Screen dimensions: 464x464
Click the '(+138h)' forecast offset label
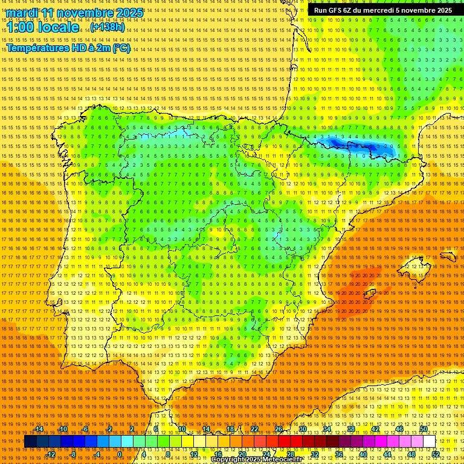pyautogui.click(x=108, y=28)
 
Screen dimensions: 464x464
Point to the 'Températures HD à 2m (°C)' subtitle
pyautogui.click(x=68, y=48)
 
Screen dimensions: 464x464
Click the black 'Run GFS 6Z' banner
pyautogui.click(x=382, y=10)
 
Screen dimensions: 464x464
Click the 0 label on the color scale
pyautogui.click(x=120, y=454)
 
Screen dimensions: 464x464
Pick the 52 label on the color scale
pyautogui.click(x=436, y=454)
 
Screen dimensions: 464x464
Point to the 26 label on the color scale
pyautogui.click(x=279, y=429)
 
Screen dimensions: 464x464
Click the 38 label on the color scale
pyautogui.click(x=351, y=429)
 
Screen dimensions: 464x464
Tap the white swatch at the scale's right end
pyautogui.click(x=430, y=442)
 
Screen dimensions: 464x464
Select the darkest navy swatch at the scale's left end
pyautogui.click(x=30, y=442)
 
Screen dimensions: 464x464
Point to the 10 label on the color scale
pyautogui.click(x=181, y=429)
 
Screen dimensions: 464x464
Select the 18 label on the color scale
pyautogui.click(x=230, y=429)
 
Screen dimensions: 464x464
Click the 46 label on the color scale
pyautogui.click(x=399, y=429)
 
